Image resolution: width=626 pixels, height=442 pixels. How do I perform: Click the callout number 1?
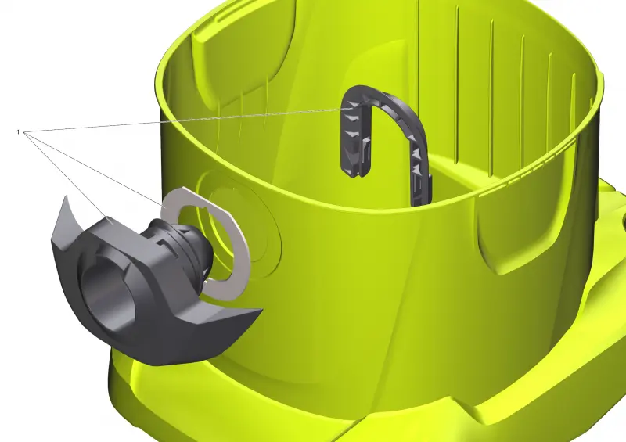coord(18,131)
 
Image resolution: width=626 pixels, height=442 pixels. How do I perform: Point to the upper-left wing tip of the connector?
coord(64,196)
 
